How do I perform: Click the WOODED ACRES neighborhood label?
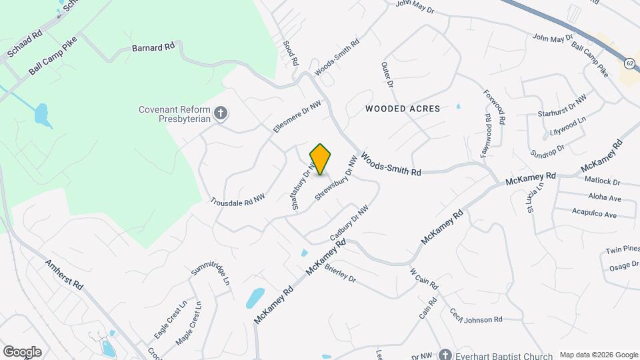pyautogui.click(x=403, y=108)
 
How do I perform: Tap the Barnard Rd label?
pyautogui.click(x=153, y=47)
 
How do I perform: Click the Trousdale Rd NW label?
pyautogui.click(x=238, y=199)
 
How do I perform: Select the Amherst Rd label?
pyautogui.click(x=64, y=274)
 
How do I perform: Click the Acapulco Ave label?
pyautogui.click(x=594, y=214)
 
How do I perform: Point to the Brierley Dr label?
pyautogui.click(x=340, y=273)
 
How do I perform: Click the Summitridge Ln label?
pyautogui.click(x=210, y=272)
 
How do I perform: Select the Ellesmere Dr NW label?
pyautogui.click(x=297, y=115)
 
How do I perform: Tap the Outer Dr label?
pyautogui.click(x=387, y=75)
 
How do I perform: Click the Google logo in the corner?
pyautogui.click(x=22, y=351)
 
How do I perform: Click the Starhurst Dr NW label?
pyautogui.click(x=562, y=106)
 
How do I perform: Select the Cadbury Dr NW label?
pyautogui.click(x=349, y=223)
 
